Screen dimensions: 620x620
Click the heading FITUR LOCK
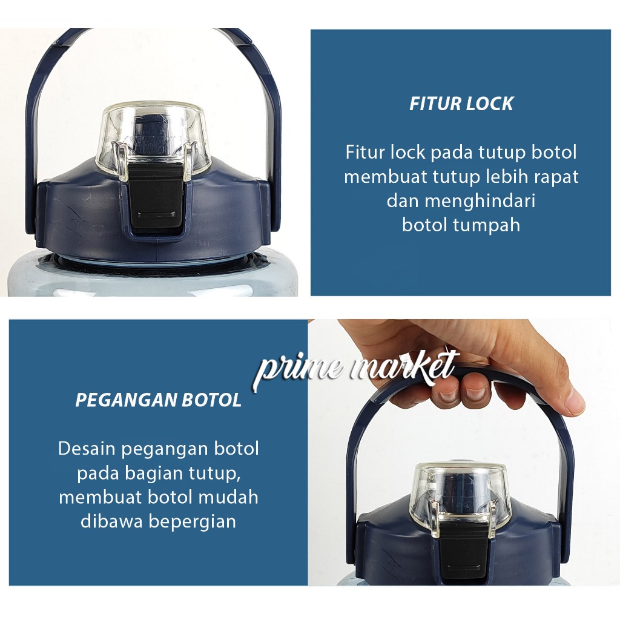(461, 104)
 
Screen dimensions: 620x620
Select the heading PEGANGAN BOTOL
(158, 400)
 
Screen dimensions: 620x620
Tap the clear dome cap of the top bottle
(153, 140)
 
